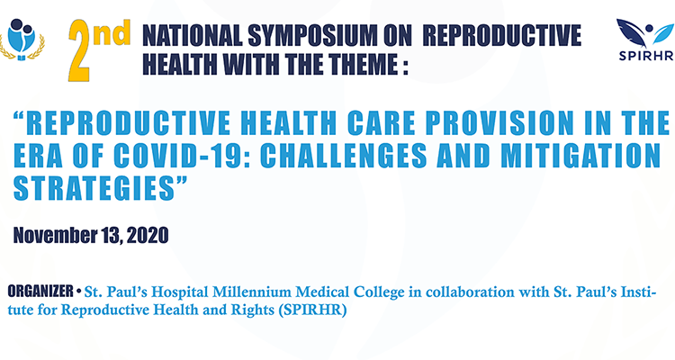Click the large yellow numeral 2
tap(80, 50)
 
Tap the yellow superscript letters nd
tap(112, 33)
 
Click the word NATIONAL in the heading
tap(193, 35)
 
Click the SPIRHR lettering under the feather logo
tap(646, 56)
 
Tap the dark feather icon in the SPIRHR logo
tap(631, 33)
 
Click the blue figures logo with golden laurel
tap(22, 40)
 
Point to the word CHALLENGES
tap(344, 156)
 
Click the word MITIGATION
tap(580, 156)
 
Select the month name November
tap(55, 235)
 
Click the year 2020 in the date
tap(148, 235)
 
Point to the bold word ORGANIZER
tap(40, 291)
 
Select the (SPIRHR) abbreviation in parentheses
tap(312, 310)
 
